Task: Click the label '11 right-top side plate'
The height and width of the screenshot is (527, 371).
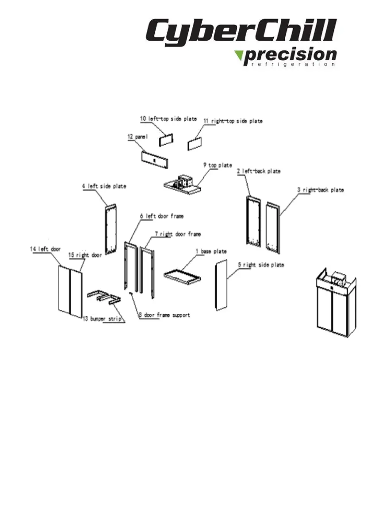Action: [233, 121]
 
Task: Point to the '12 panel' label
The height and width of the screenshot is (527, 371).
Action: [137, 138]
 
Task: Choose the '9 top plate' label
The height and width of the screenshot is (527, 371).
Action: [217, 165]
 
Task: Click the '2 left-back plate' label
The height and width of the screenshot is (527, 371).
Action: [258, 171]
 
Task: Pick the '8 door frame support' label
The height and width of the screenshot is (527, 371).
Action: [164, 315]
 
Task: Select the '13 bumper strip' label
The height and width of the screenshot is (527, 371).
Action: [103, 319]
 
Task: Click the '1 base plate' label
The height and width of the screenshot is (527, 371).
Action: [211, 251]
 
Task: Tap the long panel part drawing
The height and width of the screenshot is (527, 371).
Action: [155, 159]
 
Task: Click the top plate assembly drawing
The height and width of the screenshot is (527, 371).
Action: [182, 184]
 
